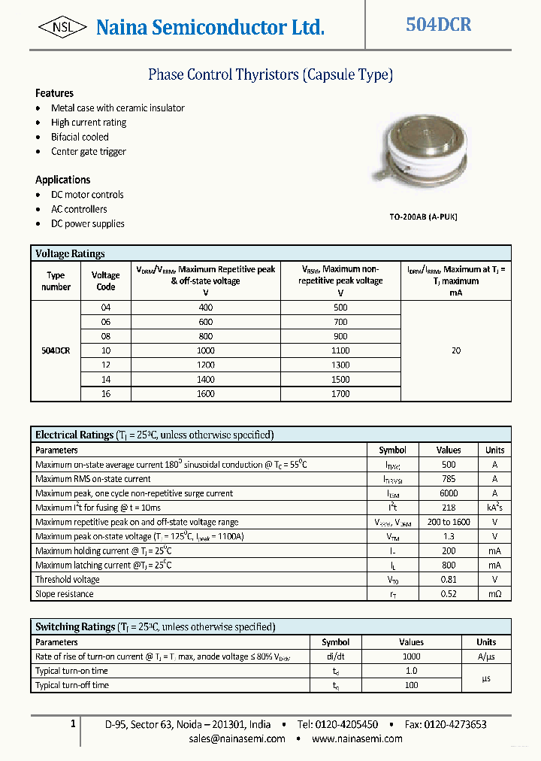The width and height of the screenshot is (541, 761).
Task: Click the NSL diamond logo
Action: (x=62, y=28)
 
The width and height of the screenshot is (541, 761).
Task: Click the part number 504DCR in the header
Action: (x=438, y=25)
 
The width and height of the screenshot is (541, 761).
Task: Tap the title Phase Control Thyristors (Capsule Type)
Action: (x=270, y=74)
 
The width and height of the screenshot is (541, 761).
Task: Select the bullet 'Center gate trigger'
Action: (x=88, y=151)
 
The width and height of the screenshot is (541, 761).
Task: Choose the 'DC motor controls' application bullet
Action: (x=87, y=195)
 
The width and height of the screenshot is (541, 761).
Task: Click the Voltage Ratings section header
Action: (x=70, y=253)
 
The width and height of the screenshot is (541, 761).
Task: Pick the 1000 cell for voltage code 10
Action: (x=205, y=350)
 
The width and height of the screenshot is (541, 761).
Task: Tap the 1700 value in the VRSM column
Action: (x=340, y=393)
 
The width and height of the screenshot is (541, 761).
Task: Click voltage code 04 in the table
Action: (x=105, y=308)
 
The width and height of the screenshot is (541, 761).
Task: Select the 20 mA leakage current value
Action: (x=455, y=350)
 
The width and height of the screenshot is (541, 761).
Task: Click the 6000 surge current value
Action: (x=449, y=493)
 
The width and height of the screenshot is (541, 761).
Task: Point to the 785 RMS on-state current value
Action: (x=449, y=479)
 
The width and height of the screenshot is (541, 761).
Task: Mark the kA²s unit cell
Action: (x=494, y=508)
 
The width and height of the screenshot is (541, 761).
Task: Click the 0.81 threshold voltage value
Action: (x=449, y=580)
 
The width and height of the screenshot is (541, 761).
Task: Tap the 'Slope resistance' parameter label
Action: (x=65, y=594)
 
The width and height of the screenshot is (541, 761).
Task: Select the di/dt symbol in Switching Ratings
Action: (x=335, y=656)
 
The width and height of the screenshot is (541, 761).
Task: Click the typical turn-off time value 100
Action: (x=411, y=685)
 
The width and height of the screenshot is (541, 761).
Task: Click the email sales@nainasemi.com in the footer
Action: (x=237, y=738)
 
